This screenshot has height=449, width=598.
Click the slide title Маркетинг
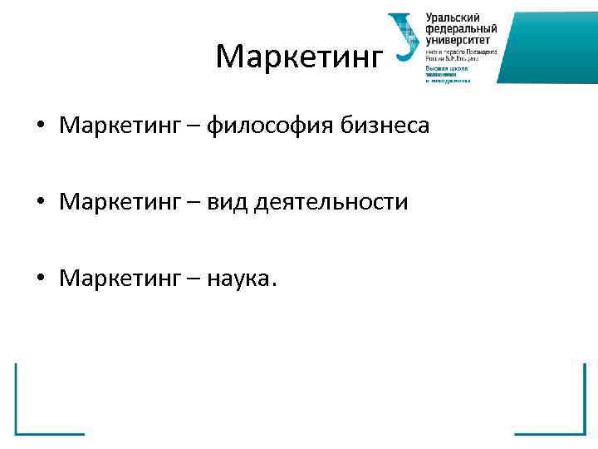(x=300, y=57)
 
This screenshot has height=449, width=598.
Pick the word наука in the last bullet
(x=243, y=279)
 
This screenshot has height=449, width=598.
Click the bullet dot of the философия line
(x=40, y=127)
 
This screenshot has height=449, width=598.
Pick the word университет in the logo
(x=458, y=39)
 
